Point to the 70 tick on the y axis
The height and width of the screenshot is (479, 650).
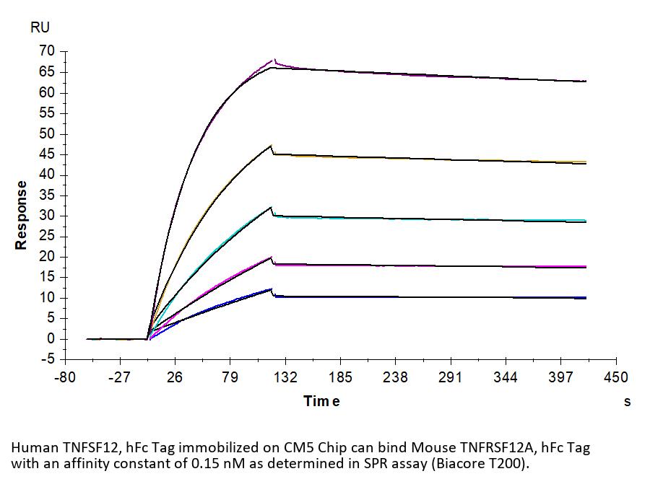(x=48, y=51)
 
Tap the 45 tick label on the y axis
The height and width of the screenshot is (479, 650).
(x=48, y=175)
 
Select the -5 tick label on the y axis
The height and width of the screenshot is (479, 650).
(x=48, y=359)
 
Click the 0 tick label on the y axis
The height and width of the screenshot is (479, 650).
(x=51, y=339)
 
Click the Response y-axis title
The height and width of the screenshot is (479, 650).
(x=22, y=215)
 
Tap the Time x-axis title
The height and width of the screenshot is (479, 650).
(x=321, y=401)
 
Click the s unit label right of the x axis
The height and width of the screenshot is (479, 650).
(x=627, y=401)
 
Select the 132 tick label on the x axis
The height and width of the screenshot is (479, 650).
(x=285, y=377)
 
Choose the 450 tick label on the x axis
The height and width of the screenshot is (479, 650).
(x=615, y=377)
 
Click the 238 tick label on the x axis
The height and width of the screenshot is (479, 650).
(x=395, y=377)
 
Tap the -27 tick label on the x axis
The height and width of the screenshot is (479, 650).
(x=119, y=377)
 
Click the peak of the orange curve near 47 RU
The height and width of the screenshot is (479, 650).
(x=272, y=146)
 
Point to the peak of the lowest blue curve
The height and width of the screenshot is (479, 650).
(x=272, y=289)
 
